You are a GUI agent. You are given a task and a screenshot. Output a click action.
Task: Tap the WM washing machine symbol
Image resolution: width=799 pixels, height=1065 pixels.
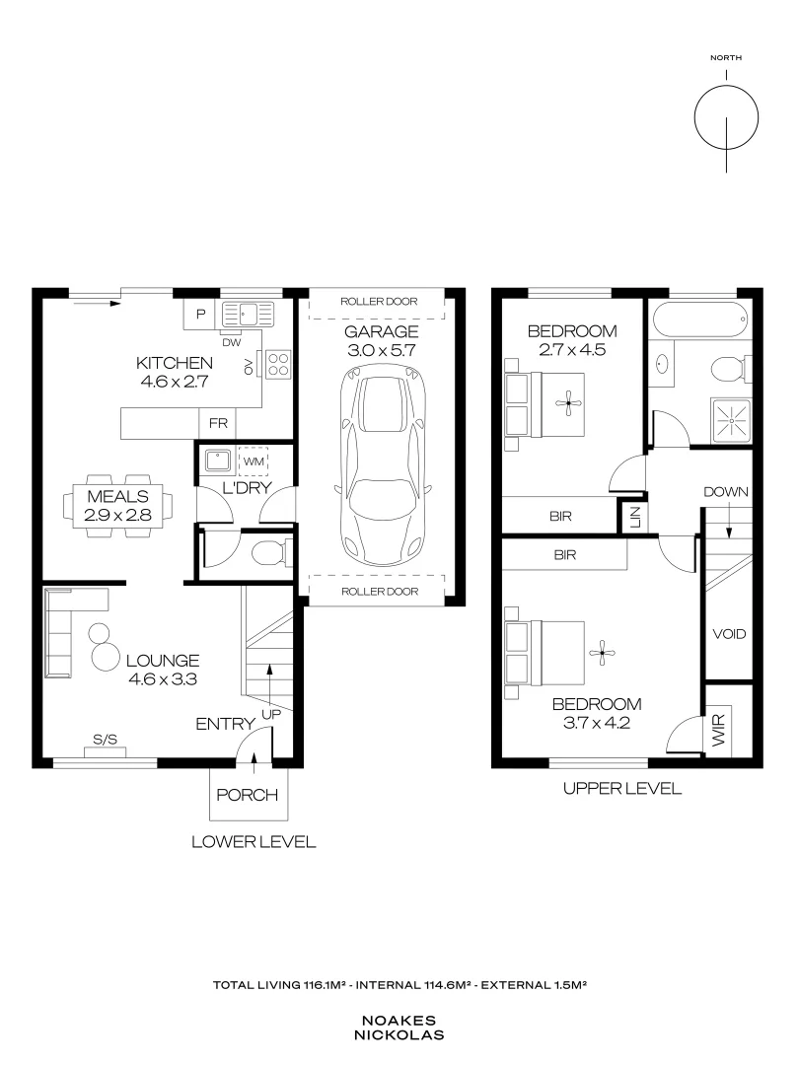tap(254, 461)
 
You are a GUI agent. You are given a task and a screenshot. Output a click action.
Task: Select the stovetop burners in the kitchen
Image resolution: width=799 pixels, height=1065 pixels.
tap(278, 363)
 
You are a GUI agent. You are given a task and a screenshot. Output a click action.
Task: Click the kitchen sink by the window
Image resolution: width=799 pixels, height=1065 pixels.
tap(248, 315)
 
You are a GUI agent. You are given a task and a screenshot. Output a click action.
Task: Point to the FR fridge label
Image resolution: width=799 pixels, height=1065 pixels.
tap(218, 423)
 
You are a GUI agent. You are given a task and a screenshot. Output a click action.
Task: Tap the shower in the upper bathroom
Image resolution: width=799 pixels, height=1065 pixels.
tap(731, 420)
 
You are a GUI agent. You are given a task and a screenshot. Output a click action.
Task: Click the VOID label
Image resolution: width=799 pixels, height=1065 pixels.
tap(729, 634)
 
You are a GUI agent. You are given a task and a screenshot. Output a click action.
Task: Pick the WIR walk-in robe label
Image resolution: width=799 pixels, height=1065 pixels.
tap(719, 730)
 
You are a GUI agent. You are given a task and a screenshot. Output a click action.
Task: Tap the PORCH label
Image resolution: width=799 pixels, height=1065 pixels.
tap(248, 795)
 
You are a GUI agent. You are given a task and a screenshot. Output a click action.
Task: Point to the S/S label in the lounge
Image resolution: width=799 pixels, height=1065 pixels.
tap(105, 740)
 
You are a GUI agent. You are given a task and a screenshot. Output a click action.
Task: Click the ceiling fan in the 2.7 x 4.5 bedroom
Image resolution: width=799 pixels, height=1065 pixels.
tap(568, 403)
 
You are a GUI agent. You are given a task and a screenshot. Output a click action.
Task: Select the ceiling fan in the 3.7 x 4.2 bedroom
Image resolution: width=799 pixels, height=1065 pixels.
tap(602, 653)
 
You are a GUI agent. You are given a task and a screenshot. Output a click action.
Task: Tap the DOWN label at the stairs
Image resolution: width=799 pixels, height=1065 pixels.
tap(726, 492)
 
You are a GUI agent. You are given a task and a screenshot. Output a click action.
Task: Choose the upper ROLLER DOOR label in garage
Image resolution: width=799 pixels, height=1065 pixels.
tap(379, 302)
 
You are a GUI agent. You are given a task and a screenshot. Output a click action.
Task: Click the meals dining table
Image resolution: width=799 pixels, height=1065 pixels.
tap(117, 506)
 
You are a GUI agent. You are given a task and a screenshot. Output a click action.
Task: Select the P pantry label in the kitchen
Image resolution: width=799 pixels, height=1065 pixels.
tap(200, 315)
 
